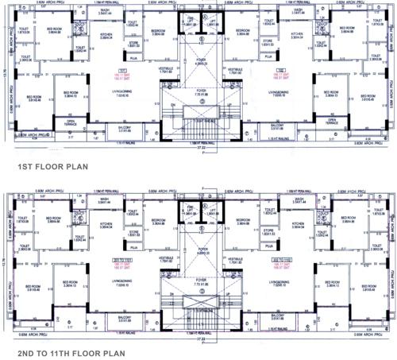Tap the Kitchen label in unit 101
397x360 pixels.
[106, 37]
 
